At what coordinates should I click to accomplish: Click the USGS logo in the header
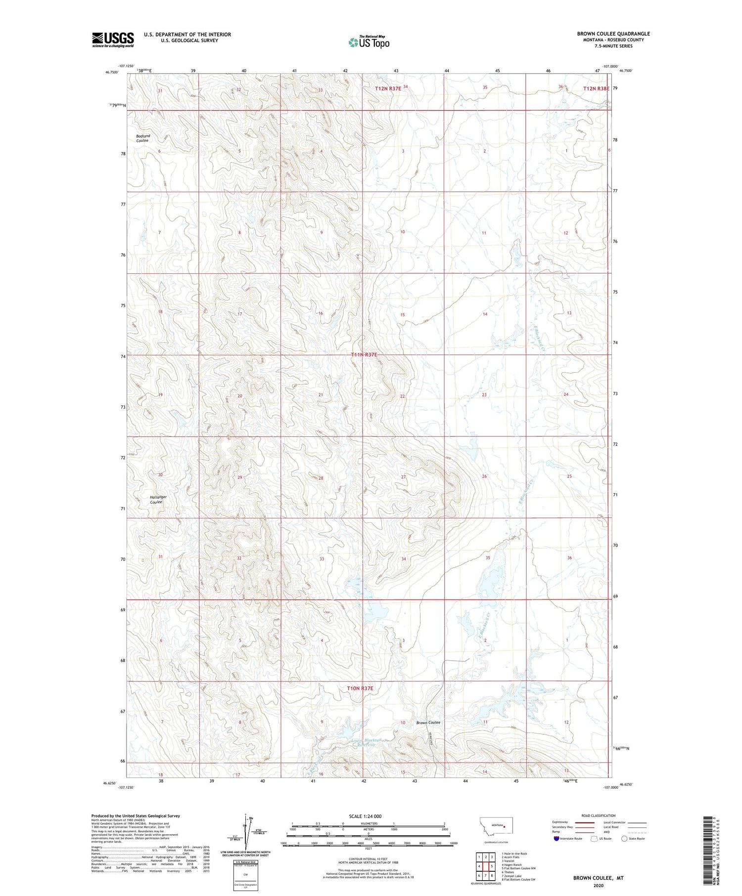click(113, 40)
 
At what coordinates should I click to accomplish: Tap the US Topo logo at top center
click(369, 42)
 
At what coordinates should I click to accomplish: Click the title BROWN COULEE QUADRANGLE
click(613, 34)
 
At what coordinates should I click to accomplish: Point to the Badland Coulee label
click(143, 138)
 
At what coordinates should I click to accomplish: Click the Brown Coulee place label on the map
click(428, 723)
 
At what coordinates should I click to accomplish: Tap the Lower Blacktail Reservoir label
click(366, 743)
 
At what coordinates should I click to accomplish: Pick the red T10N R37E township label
click(360, 688)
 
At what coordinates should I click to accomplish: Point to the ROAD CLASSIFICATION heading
click(599, 815)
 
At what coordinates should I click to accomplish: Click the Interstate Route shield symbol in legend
click(556, 839)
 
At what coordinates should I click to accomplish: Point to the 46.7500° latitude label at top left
click(112, 72)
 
